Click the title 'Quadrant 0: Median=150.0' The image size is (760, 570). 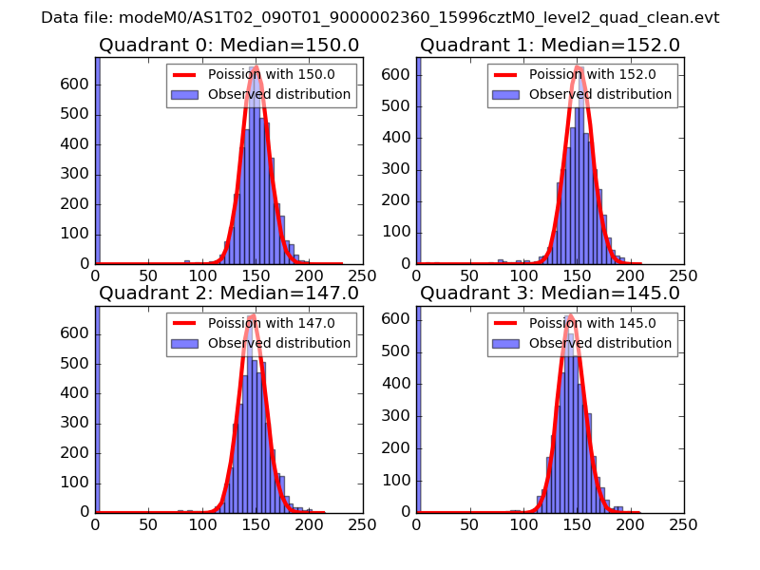(x=229, y=46)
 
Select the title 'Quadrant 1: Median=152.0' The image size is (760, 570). (x=550, y=46)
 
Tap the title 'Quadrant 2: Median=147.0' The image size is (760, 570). (x=229, y=293)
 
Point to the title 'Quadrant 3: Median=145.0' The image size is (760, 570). (x=550, y=293)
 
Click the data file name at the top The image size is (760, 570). (x=380, y=18)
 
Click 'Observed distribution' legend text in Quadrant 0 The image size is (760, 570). (x=279, y=94)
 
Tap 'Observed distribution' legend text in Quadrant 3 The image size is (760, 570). (x=600, y=343)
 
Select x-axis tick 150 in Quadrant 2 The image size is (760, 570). (x=256, y=523)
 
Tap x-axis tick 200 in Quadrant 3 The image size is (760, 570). (x=630, y=523)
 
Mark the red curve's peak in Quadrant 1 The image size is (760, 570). (x=579, y=66)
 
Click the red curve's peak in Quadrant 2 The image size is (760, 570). (x=252, y=315)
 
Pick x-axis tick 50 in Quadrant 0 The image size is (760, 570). (x=148, y=275)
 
